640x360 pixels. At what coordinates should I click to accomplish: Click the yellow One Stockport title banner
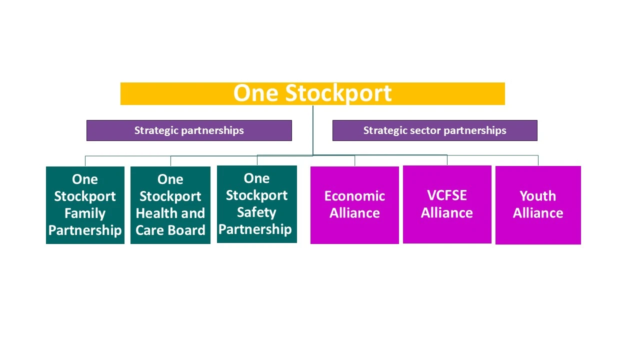click(x=312, y=93)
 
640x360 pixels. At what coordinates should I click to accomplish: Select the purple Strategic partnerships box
click(x=189, y=130)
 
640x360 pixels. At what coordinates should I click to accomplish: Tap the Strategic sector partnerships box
click(x=434, y=130)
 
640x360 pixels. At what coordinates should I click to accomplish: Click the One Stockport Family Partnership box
click(x=85, y=205)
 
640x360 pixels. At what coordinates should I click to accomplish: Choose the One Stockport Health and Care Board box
click(x=170, y=205)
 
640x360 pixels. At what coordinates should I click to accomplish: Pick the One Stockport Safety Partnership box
click(x=257, y=204)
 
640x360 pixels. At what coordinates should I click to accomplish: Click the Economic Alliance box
click(x=354, y=205)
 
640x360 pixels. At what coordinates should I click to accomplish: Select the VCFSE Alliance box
click(x=447, y=204)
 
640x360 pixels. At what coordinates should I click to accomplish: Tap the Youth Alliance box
click(x=538, y=205)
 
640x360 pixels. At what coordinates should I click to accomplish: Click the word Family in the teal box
click(x=85, y=213)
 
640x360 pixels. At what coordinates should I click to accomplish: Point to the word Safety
click(x=256, y=212)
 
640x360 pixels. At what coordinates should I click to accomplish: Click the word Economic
click(x=354, y=196)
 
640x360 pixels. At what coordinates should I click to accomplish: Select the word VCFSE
click(x=447, y=195)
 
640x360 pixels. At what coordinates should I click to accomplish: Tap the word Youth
click(x=538, y=196)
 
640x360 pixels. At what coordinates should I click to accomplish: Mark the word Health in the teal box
click(x=152, y=213)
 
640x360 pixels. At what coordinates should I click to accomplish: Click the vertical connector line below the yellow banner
click(x=313, y=130)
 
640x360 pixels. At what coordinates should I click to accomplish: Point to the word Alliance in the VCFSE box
click(x=447, y=213)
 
